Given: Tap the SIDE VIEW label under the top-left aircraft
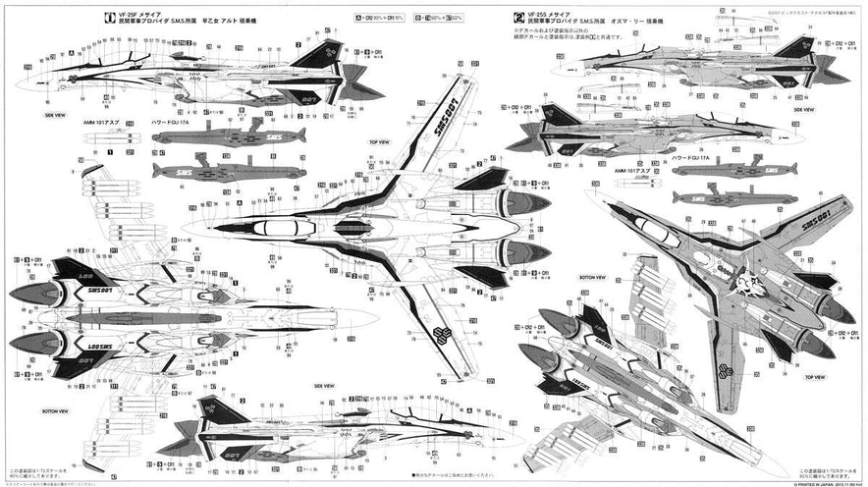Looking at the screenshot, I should pos(55,114).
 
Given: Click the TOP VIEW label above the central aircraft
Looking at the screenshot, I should pos(380,141).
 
